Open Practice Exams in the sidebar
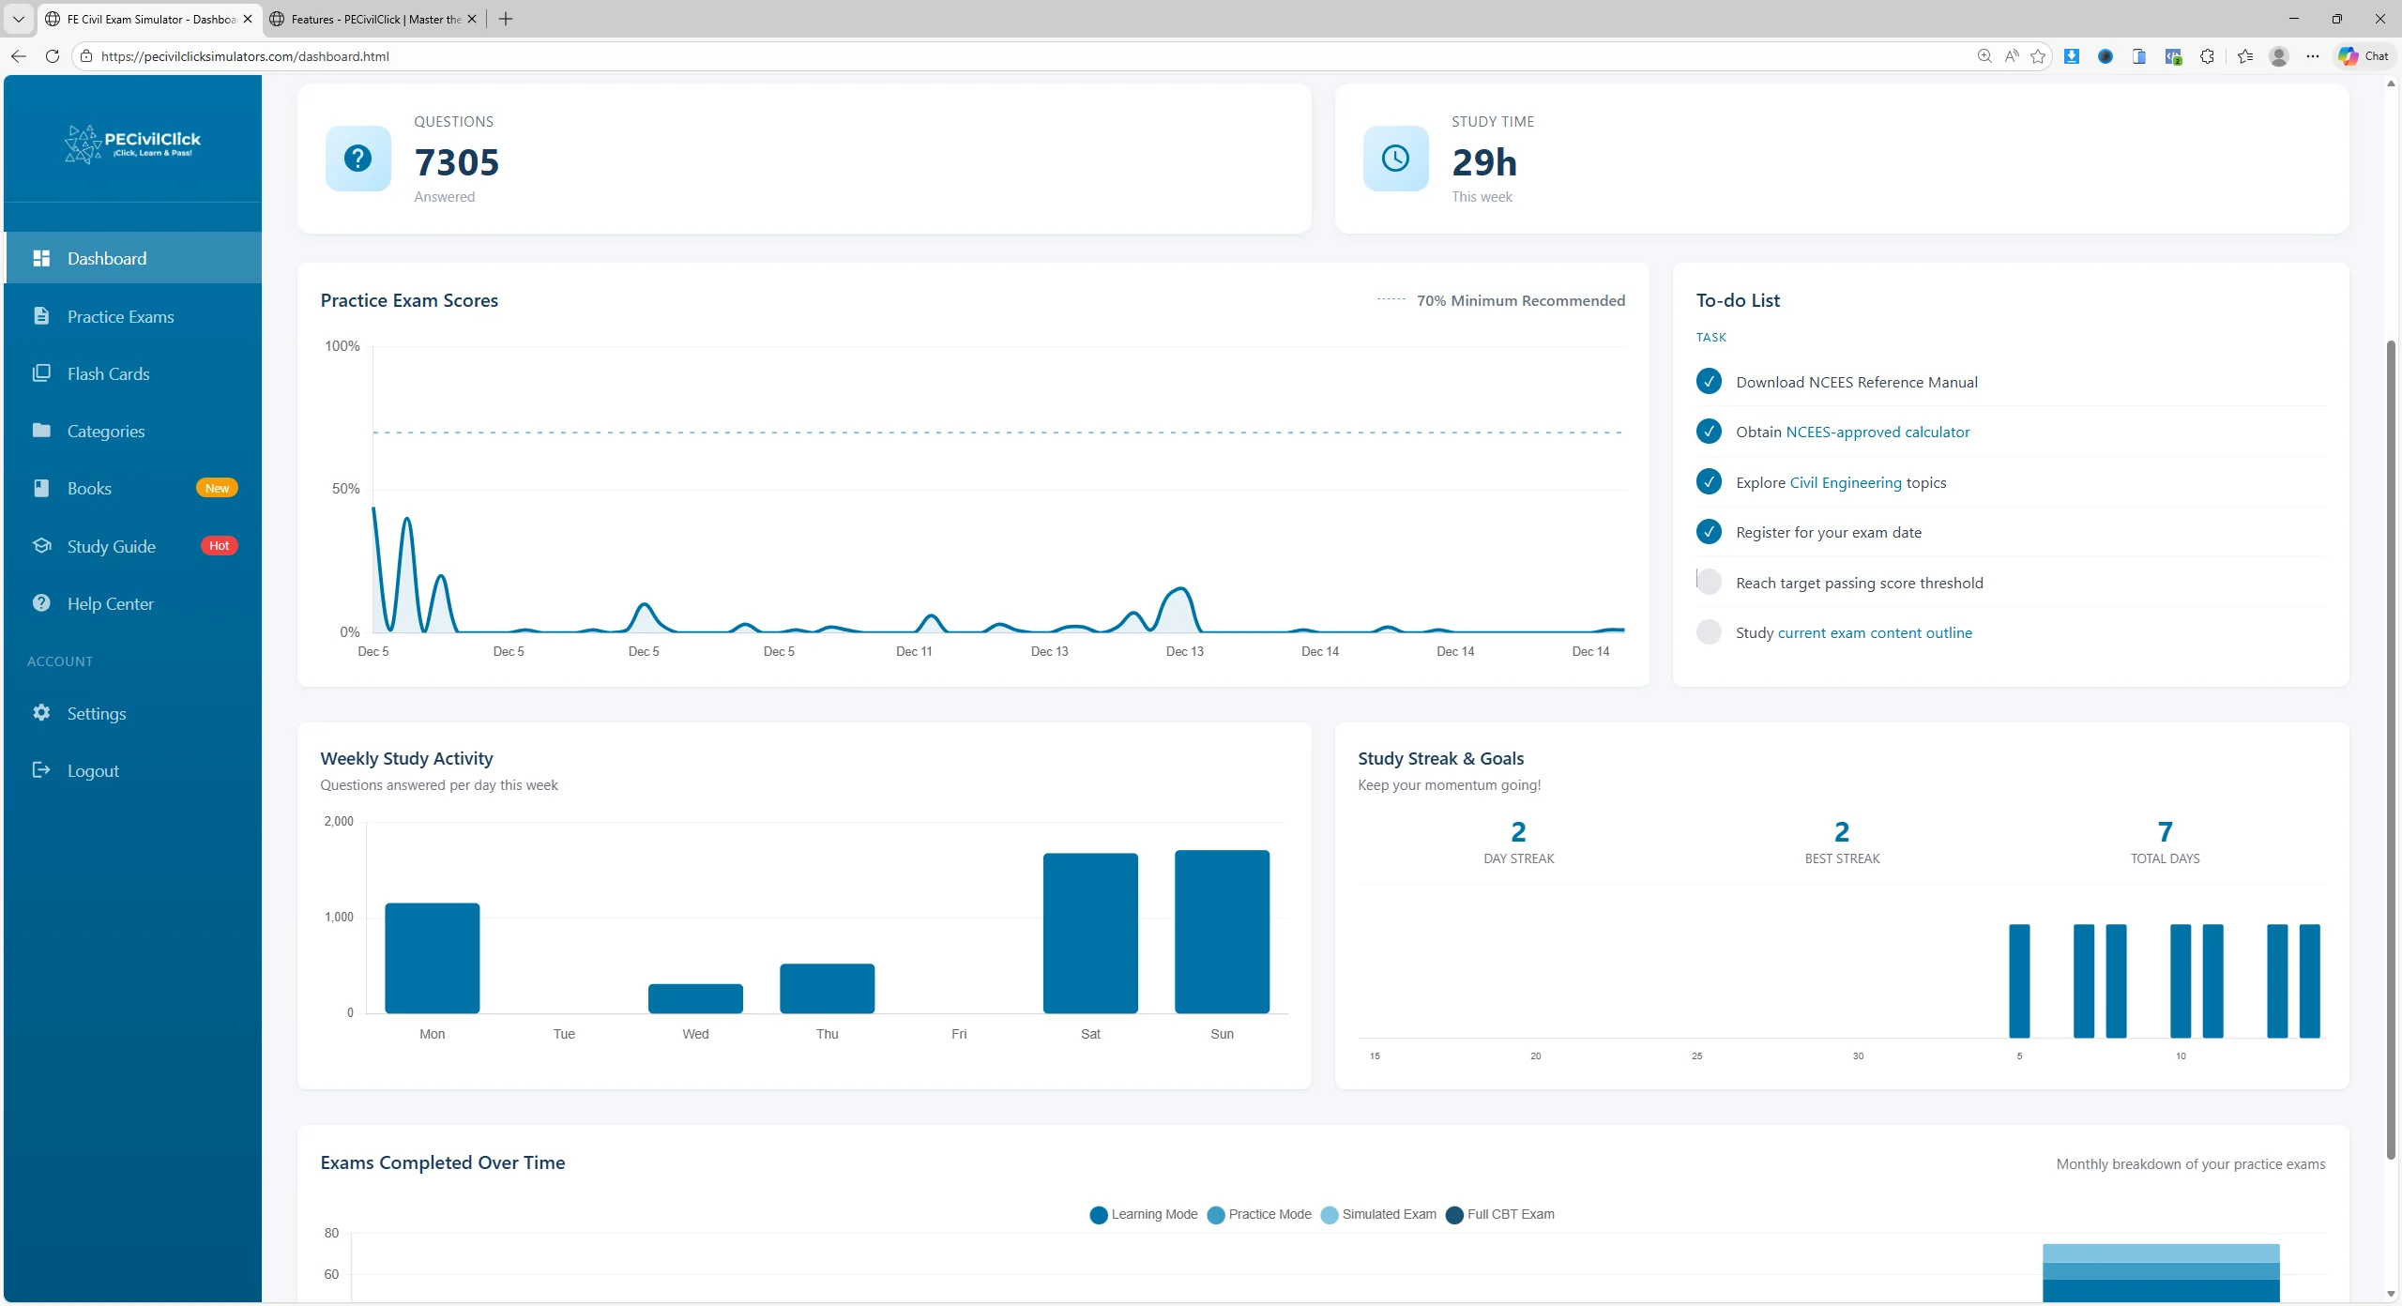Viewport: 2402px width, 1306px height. pyautogui.click(x=120, y=317)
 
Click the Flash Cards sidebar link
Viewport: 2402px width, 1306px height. pyautogui.click(x=108, y=374)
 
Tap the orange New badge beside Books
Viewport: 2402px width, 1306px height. pyautogui.click(x=217, y=489)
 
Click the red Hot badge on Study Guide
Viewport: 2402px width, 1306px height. pyautogui.click(x=219, y=546)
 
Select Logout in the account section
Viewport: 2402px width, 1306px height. pyautogui.click(x=92, y=771)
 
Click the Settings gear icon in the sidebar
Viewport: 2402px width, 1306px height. pyautogui.click(x=41, y=713)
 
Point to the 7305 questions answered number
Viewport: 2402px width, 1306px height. pyautogui.click(x=457, y=162)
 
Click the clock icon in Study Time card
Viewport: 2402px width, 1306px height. pyautogui.click(x=1395, y=159)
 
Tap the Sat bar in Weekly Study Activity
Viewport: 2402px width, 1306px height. pyautogui.click(x=1090, y=933)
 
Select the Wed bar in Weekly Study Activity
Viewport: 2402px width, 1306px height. pyautogui.click(x=695, y=998)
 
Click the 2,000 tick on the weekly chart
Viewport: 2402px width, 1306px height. pyautogui.click(x=339, y=822)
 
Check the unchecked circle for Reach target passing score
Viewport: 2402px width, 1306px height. pyautogui.click(x=1709, y=583)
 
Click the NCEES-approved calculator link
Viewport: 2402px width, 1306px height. pyautogui.click(x=1877, y=433)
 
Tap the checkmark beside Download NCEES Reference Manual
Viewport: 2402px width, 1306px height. pyautogui.click(x=1709, y=382)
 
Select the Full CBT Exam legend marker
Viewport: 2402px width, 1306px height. pyautogui.click(x=1454, y=1216)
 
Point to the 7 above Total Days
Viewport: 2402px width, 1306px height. pyautogui.click(x=2165, y=832)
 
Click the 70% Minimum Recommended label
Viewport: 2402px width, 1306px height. pyautogui.click(x=1520, y=301)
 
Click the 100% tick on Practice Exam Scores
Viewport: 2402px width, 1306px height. pyautogui.click(x=342, y=347)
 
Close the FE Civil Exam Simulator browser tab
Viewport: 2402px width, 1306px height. pyautogui.click(x=248, y=19)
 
